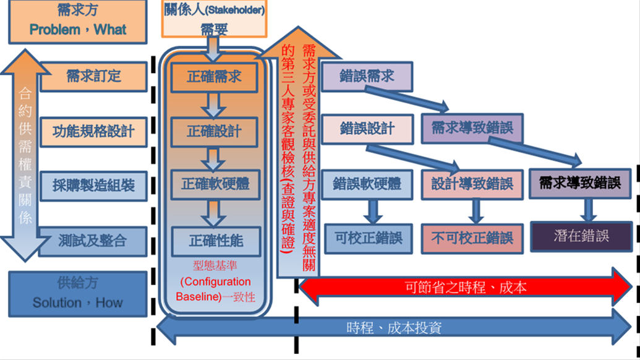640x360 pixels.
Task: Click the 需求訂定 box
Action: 93,76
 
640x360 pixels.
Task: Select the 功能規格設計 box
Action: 93,131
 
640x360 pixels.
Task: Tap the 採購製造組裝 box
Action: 93,185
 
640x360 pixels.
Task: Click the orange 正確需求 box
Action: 214,78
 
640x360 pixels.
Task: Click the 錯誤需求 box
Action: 367,76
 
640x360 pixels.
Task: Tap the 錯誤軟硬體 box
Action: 367,184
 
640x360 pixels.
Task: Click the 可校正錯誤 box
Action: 369,238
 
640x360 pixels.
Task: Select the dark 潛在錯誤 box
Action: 581,236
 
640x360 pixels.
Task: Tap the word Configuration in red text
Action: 215,281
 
